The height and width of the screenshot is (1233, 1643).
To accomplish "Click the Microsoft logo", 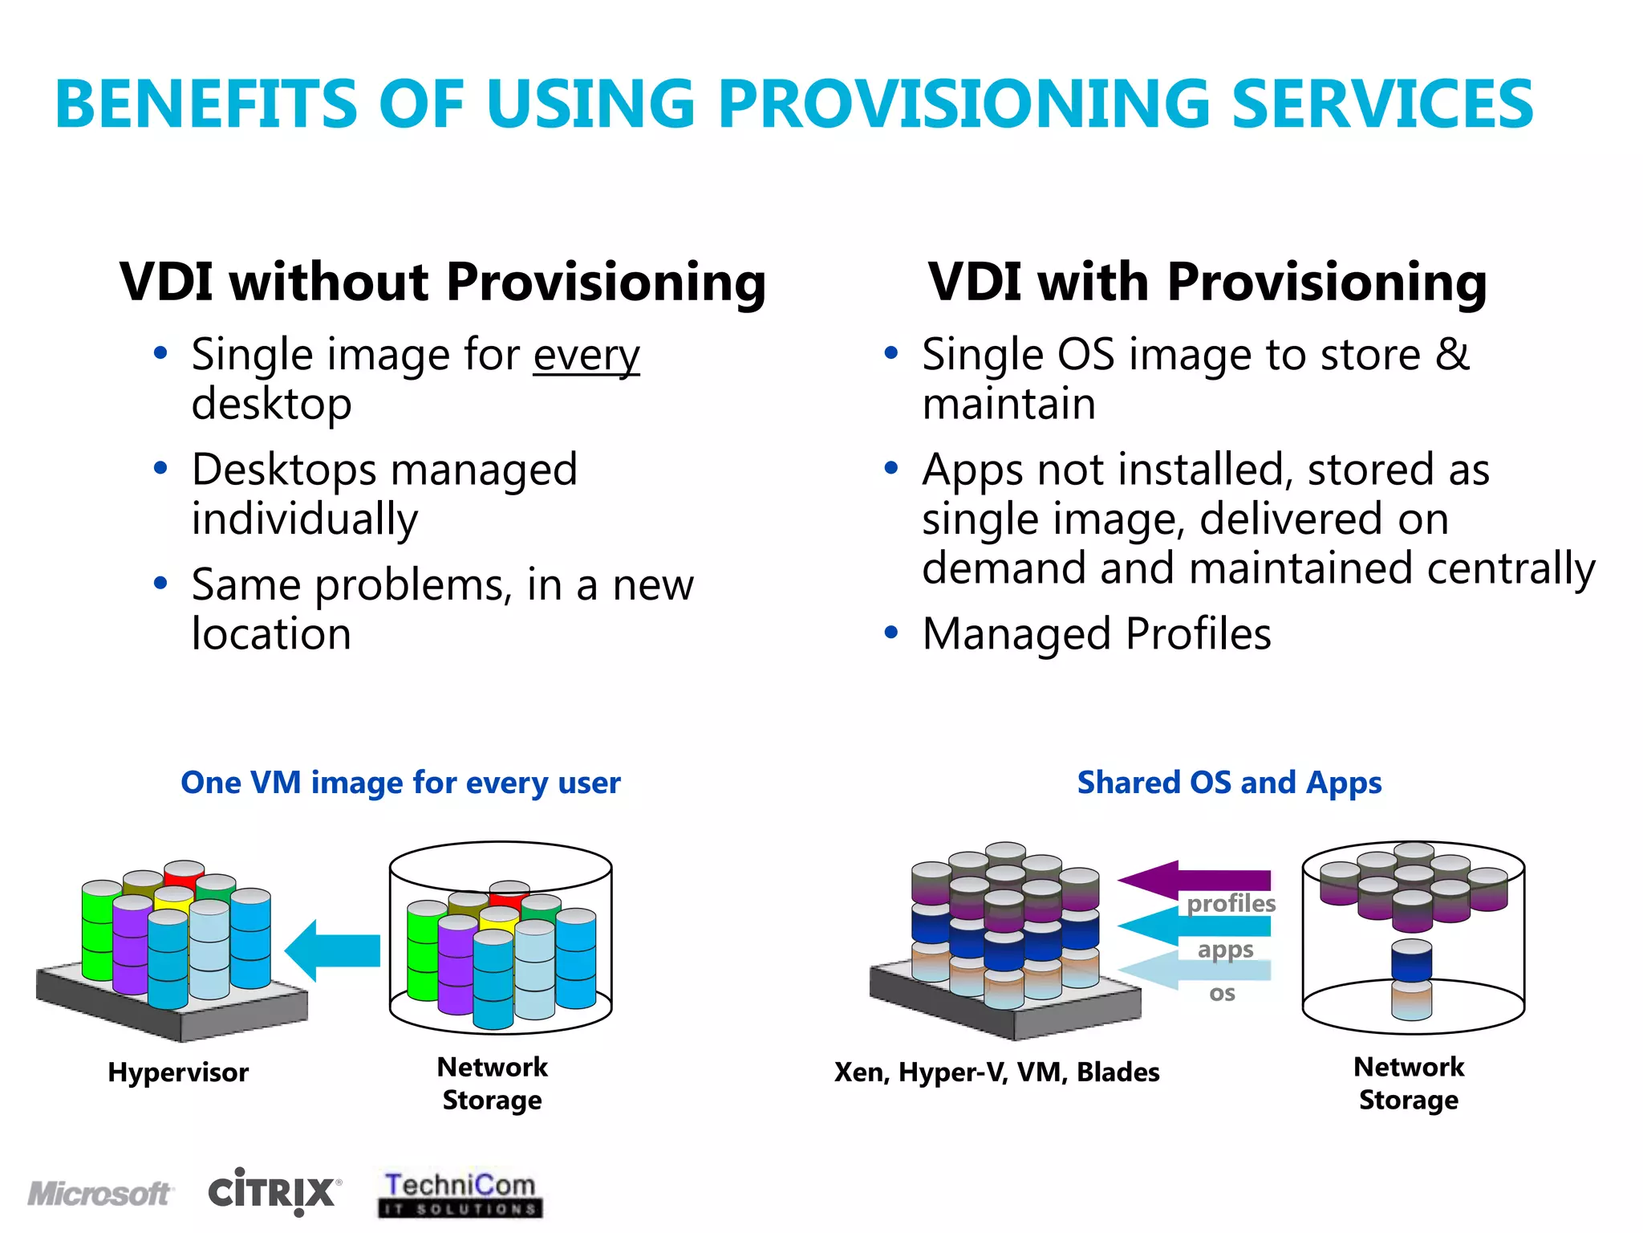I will (x=99, y=1193).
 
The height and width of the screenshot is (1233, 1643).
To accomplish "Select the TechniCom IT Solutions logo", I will (x=460, y=1194).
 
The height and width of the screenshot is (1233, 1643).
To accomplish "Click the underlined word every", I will (x=586, y=355).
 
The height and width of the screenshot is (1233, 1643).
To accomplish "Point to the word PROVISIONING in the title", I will (x=963, y=104).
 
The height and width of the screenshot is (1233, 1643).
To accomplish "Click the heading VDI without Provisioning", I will (x=443, y=282).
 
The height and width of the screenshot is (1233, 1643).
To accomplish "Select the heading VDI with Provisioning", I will (x=1207, y=282).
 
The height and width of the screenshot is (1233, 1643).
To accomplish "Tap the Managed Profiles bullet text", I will (x=1097, y=634).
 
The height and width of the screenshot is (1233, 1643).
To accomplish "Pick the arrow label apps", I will (x=1225, y=950).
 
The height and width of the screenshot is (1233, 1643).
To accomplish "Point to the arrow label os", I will (x=1222, y=994).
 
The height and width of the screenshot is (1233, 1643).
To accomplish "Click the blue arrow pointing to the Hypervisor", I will (x=333, y=950).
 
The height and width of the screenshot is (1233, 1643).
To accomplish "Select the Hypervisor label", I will (x=178, y=1072).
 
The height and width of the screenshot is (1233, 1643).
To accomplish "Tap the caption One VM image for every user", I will (x=400, y=783).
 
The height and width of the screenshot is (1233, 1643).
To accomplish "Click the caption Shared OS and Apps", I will (x=1229, y=783).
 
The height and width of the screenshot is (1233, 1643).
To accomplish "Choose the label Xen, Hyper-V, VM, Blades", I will (x=996, y=1072).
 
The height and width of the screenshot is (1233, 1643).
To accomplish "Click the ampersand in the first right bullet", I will (x=1452, y=355).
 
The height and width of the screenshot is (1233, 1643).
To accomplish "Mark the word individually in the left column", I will (x=305, y=519).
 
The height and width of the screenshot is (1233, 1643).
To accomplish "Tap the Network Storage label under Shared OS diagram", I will (x=1409, y=1084).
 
